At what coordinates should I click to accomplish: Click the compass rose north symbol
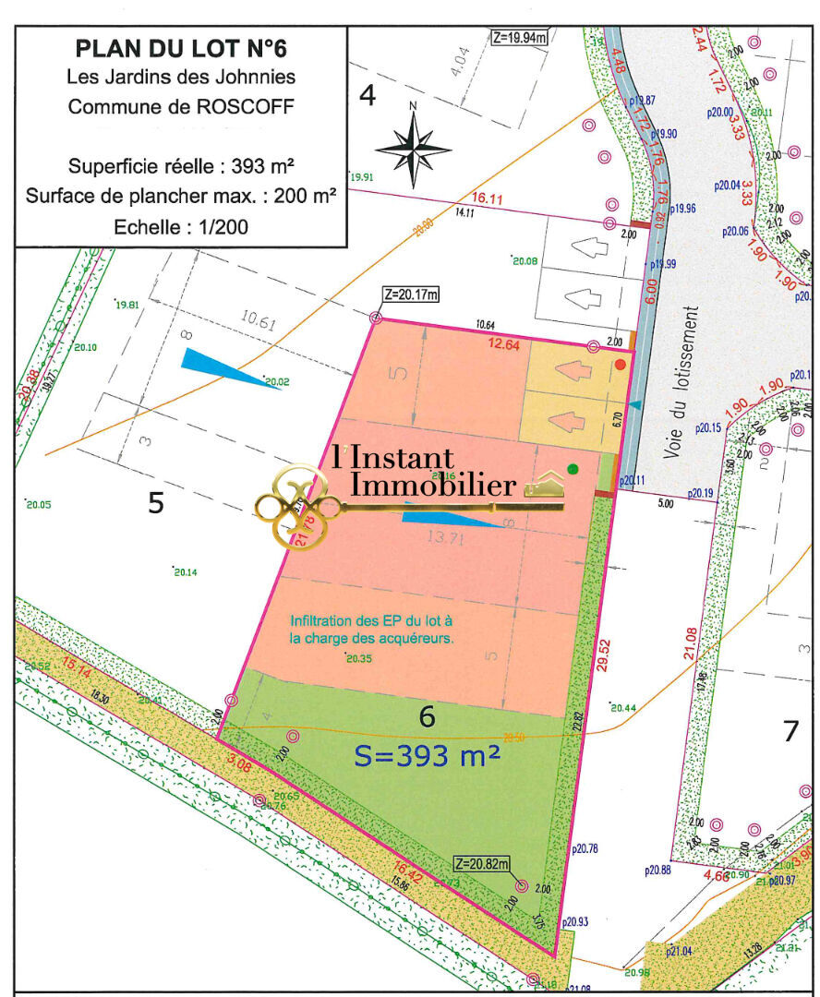[x=413, y=147]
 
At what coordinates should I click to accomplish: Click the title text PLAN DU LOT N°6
[x=181, y=48]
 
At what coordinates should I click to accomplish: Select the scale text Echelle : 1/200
[x=181, y=226]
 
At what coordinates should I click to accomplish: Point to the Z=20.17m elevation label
[x=411, y=294]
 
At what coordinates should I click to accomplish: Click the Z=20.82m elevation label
[x=482, y=864]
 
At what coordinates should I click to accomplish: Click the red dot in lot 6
[x=621, y=366]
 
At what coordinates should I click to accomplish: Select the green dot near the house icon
[x=573, y=469]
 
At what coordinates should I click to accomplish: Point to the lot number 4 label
[x=367, y=96]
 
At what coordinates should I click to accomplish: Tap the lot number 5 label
[x=156, y=503]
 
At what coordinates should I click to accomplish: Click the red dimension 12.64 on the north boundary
[x=504, y=344]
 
